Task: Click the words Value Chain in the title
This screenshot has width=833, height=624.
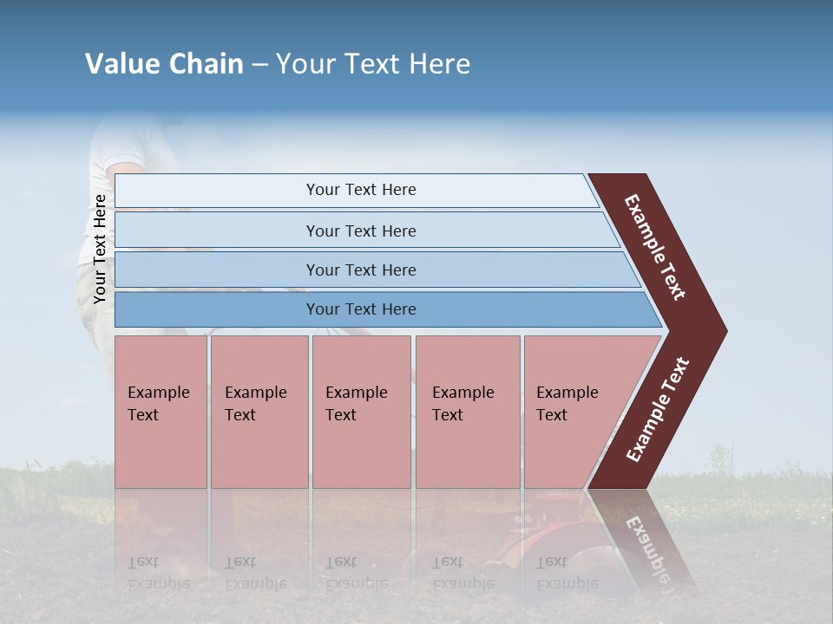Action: point(164,64)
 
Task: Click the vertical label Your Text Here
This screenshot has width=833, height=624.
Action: point(100,249)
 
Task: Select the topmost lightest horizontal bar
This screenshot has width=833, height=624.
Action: point(360,190)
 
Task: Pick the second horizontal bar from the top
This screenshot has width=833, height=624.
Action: point(360,231)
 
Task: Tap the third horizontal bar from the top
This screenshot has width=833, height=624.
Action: point(360,270)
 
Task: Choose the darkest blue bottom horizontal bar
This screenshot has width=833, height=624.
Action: point(360,309)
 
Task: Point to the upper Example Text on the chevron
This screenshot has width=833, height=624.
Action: point(655,247)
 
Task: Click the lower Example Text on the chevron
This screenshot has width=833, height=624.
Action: point(657,410)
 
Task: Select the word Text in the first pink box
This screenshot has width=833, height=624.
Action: point(143,415)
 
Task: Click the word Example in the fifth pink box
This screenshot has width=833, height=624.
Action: point(567,393)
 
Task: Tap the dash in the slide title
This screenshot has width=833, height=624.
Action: point(259,65)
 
